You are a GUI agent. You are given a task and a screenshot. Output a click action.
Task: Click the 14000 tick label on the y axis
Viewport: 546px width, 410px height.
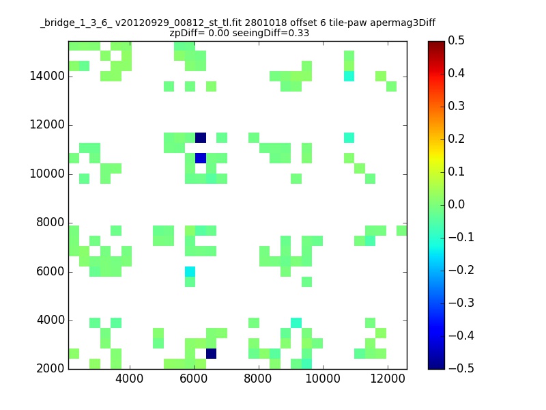(47, 76)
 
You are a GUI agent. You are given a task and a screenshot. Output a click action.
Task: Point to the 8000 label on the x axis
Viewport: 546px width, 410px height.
(258, 379)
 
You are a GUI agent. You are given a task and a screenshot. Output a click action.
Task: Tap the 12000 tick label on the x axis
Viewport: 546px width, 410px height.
(388, 379)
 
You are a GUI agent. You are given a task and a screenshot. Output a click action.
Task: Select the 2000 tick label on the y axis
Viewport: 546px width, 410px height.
(51, 368)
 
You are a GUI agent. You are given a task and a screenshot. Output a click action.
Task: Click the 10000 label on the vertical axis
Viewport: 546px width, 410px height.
(47, 174)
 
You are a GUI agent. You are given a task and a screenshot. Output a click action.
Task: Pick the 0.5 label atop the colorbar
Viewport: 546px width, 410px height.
(456, 40)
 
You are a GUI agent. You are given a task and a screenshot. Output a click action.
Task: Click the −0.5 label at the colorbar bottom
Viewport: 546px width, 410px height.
(461, 368)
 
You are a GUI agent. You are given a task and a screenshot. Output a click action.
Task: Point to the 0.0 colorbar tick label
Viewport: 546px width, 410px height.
(456, 204)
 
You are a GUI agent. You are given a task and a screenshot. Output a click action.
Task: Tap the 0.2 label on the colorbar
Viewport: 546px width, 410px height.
(456, 139)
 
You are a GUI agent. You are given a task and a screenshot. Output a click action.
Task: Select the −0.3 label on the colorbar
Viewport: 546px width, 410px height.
(461, 303)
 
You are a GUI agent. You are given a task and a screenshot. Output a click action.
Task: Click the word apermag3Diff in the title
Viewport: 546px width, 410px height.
(403, 23)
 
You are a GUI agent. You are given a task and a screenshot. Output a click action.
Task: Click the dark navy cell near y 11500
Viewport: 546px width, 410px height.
(201, 138)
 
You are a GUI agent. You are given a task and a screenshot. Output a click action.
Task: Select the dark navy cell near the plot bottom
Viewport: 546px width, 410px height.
(212, 353)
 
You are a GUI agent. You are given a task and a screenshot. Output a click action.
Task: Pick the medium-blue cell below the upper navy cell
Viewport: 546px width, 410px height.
(201, 159)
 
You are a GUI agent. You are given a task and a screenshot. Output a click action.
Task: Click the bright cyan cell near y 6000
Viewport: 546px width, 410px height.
(190, 271)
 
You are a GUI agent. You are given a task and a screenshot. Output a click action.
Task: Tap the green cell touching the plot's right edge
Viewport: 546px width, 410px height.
(402, 230)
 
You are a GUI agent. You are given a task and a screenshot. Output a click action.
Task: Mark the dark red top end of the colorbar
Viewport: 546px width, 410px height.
(436, 43)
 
